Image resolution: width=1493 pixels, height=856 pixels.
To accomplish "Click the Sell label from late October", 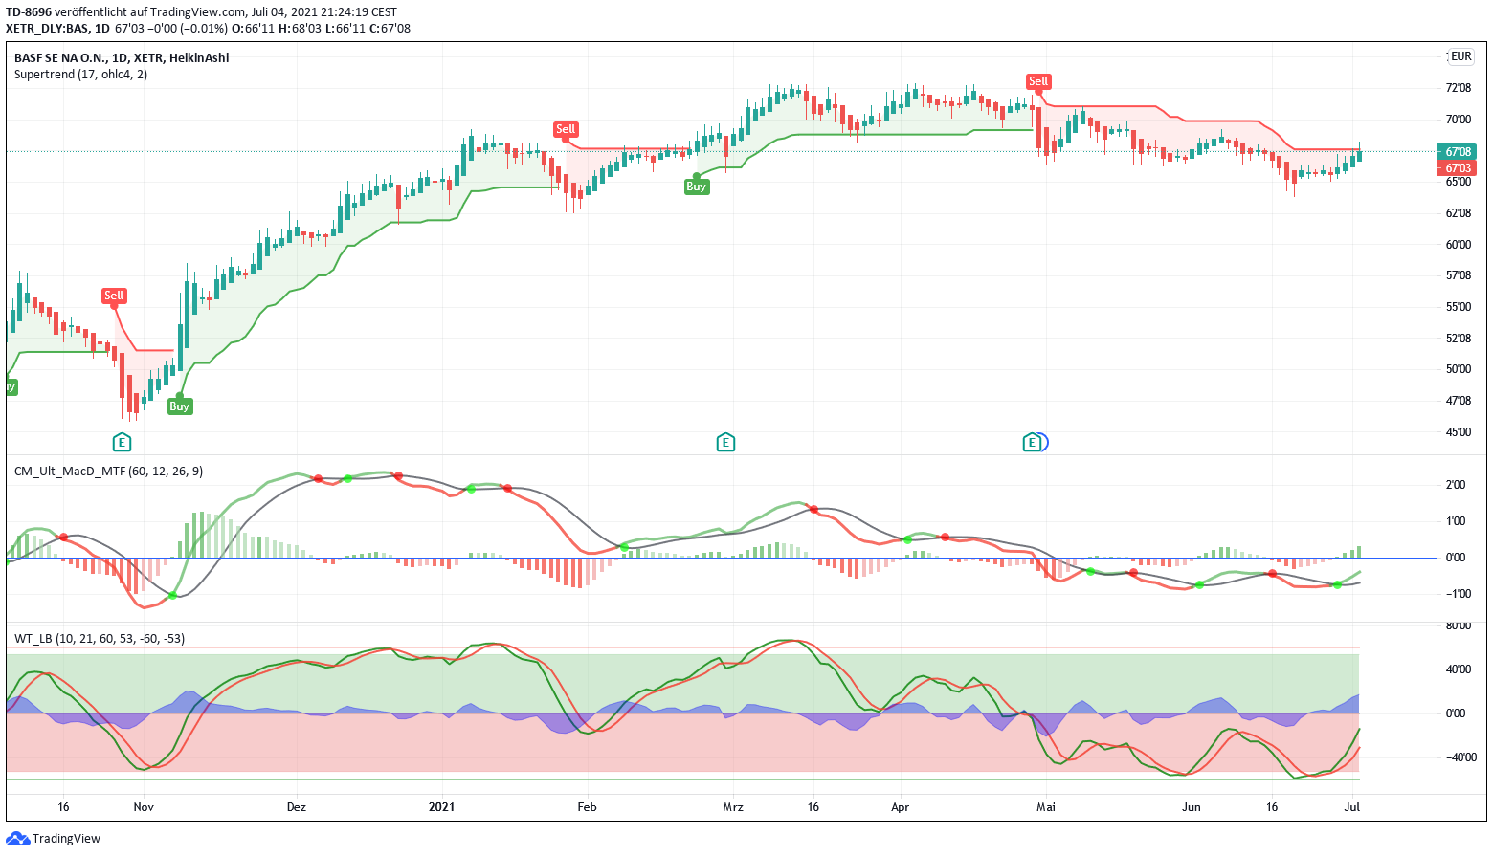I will [114, 296].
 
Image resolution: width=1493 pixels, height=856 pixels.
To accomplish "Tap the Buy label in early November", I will [179, 406].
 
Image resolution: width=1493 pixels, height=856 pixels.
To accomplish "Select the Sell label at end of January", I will [566, 129].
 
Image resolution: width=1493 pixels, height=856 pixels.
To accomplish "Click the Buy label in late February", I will [696, 187].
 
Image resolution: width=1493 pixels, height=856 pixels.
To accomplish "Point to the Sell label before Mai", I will [1038, 81].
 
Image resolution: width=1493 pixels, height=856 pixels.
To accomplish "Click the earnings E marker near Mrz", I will [725, 442].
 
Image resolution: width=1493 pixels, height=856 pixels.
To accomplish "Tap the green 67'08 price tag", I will [1458, 152].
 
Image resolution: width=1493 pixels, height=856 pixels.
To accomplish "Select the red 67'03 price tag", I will [1458, 168].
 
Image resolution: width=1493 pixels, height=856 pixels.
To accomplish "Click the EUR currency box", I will [1460, 56].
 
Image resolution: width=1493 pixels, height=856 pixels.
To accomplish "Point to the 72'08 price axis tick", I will [1458, 88].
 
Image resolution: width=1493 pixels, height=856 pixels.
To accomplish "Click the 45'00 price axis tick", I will [1458, 432].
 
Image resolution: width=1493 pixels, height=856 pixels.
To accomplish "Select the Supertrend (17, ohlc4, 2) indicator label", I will [80, 75].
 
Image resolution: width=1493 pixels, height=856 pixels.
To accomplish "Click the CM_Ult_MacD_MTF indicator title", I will [108, 472].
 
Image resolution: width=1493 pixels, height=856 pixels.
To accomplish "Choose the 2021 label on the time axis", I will [441, 807].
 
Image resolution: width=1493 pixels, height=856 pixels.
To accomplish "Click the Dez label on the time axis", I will [297, 807].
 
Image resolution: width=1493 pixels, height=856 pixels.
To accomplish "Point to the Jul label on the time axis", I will [1352, 807].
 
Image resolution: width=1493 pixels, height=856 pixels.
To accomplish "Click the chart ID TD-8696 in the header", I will [29, 12].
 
